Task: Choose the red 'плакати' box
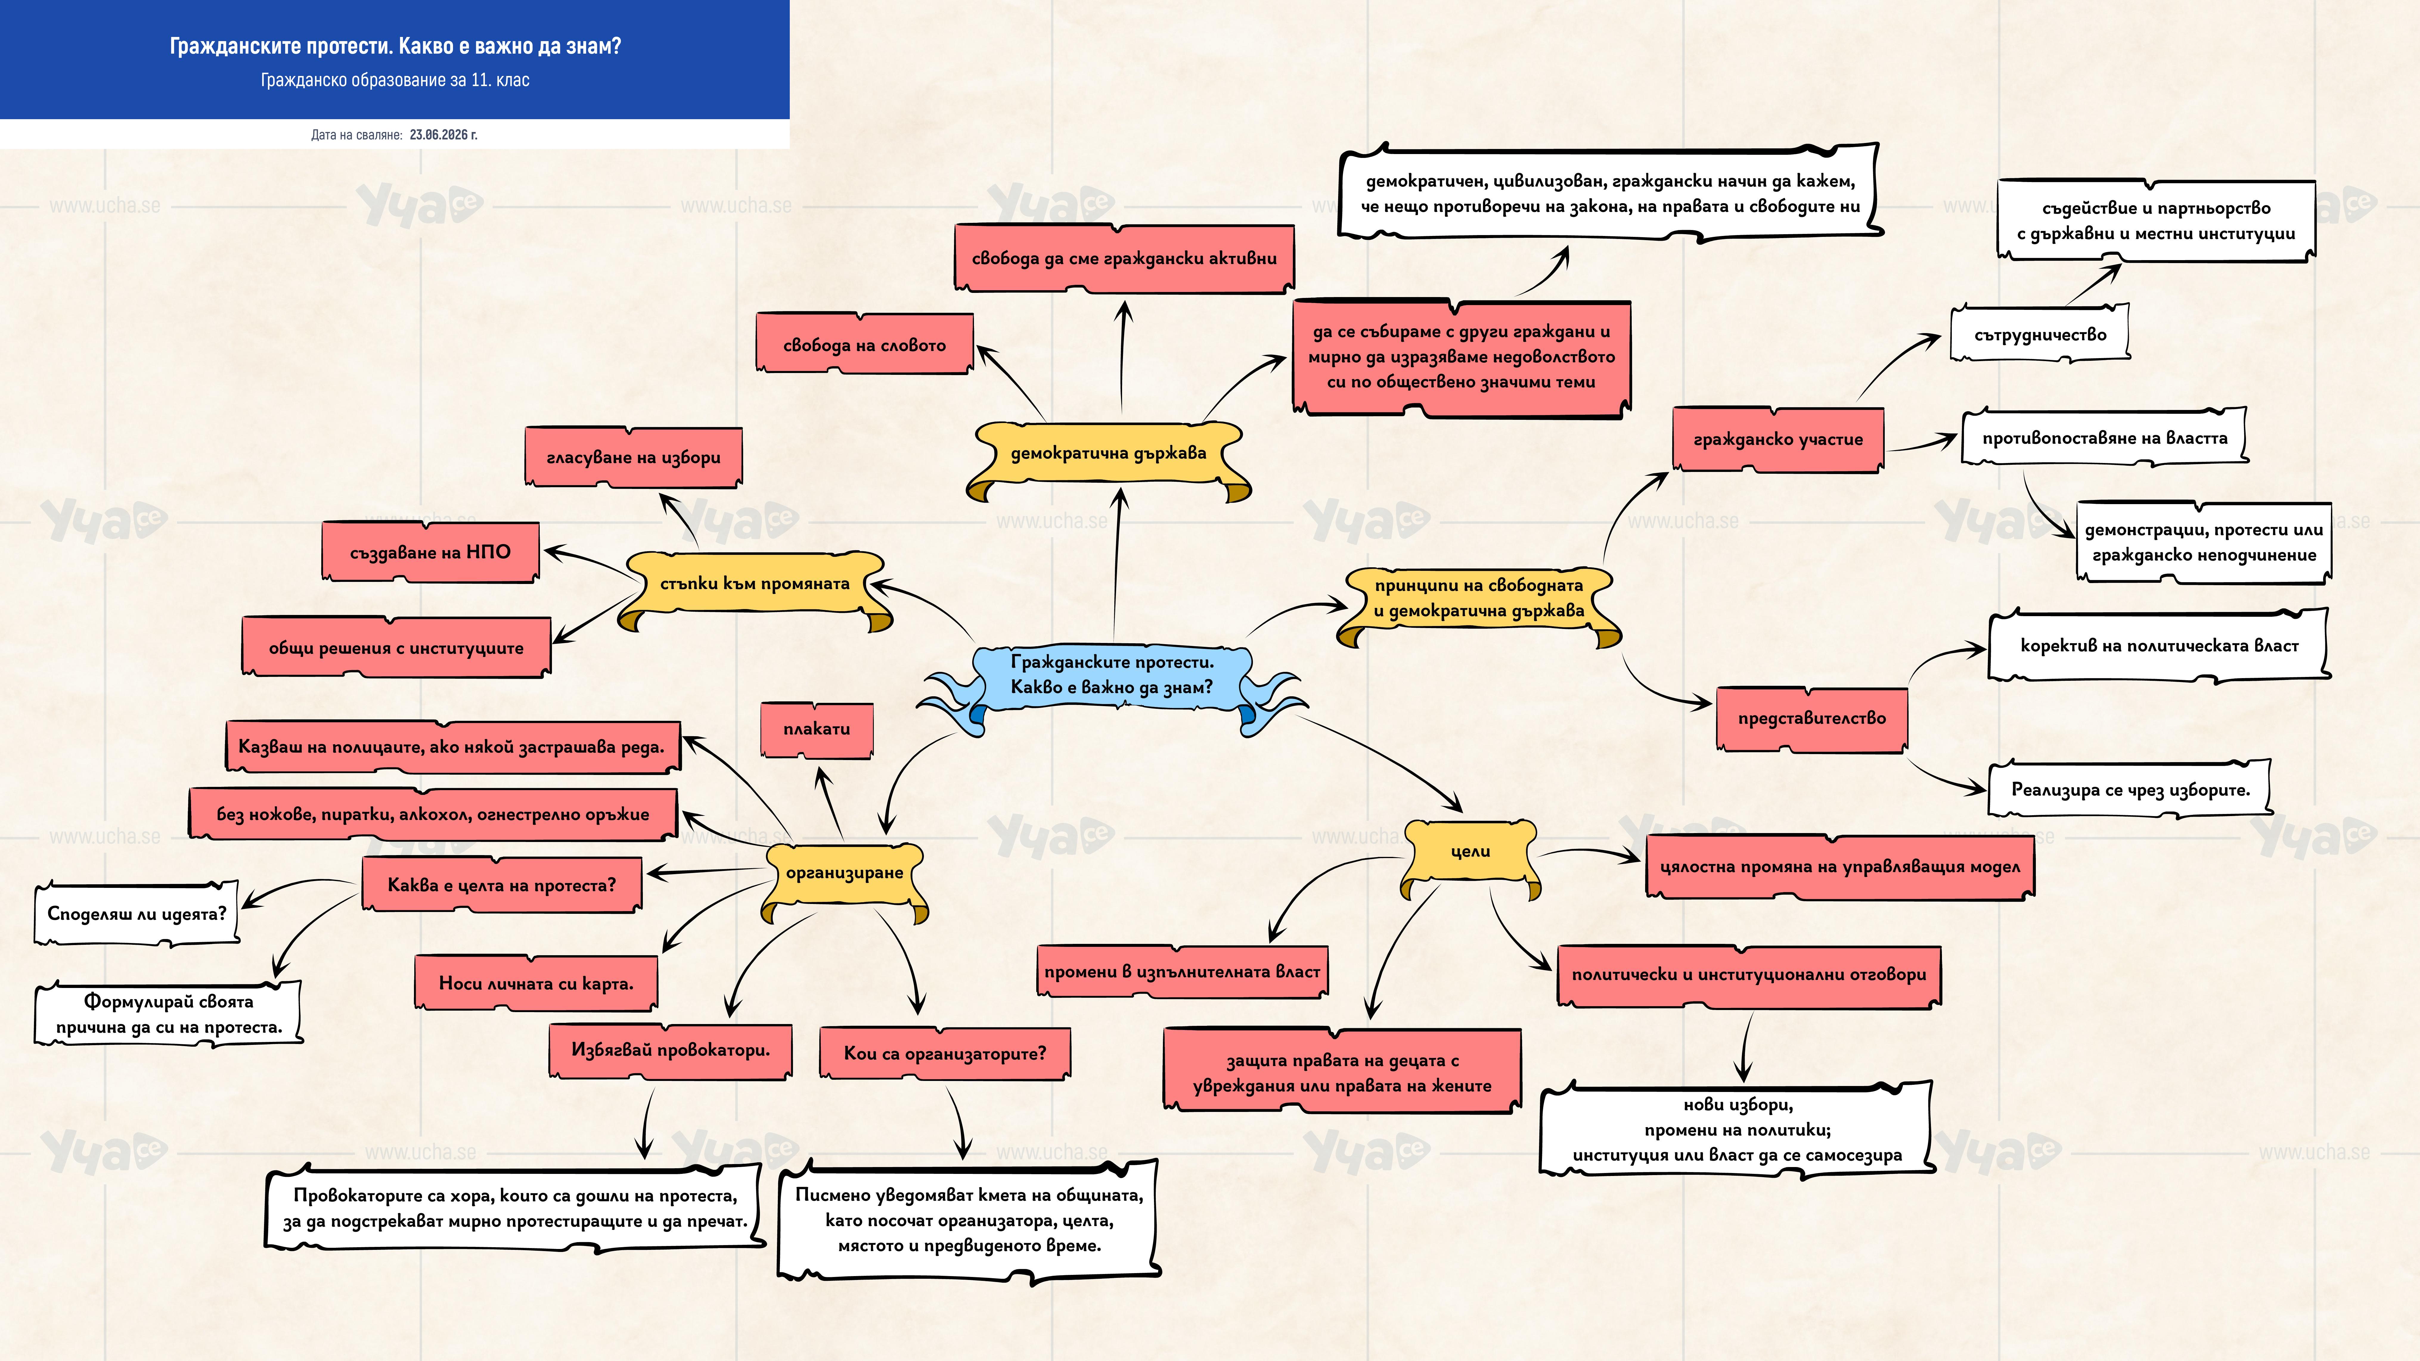[x=816, y=729]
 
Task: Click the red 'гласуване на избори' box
[x=633, y=457]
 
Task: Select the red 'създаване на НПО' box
[x=430, y=552]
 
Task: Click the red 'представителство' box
[x=1811, y=719]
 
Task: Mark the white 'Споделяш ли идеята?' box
[x=137, y=913]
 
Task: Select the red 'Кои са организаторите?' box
[x=944, y=1053]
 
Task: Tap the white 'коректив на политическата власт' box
[x=2159, y=645]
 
